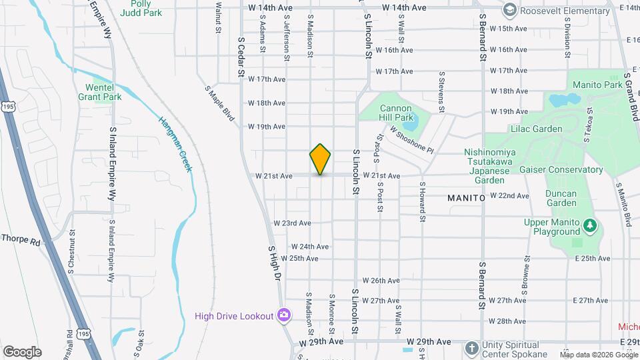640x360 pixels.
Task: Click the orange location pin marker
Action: coord(320,159)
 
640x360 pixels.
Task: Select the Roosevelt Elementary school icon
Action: coord(510,9)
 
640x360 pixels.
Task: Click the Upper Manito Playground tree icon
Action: coord(590,227)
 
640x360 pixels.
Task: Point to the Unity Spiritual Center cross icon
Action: coord(472,349)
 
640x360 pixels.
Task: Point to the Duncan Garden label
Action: coord(561,198)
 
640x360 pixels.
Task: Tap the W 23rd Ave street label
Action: coord(292,223)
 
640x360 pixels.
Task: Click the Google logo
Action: coord(22,351)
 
